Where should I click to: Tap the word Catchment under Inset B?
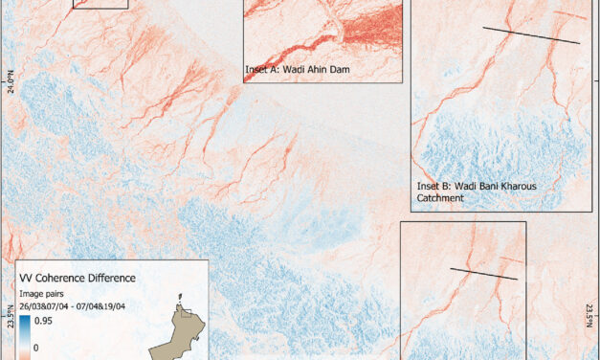tap(439, 199)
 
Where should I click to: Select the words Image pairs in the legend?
tap(44, 293)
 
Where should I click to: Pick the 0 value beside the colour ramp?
tap(36, 349)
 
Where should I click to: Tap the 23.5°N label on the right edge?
tap(589, 315)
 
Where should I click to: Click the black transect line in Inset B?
tap(530, 35)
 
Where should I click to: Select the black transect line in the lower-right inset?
tap(483, 274)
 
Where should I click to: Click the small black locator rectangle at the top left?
tap(100, 4)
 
